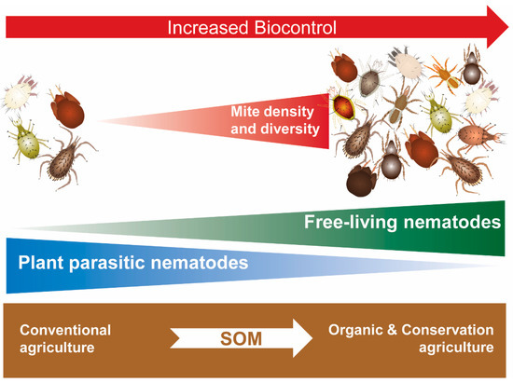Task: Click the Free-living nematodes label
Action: (402, 223)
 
